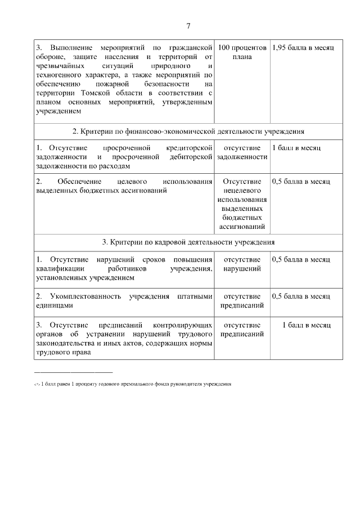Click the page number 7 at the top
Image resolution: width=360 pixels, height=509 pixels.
188,26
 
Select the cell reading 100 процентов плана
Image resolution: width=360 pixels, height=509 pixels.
242,51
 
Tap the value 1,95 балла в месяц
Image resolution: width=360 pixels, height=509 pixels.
303,46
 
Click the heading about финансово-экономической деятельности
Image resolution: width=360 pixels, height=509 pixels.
188,131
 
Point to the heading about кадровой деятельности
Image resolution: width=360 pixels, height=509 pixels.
188,242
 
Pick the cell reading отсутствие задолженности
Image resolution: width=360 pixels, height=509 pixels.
242,152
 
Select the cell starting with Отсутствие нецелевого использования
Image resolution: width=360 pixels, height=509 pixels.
242,204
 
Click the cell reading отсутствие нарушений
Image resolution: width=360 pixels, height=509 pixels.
242,264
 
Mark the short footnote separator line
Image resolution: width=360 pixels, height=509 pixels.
73,372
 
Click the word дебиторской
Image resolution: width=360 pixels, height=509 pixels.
191,157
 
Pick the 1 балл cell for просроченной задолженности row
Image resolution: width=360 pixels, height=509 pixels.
296,147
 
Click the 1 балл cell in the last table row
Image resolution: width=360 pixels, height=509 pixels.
306,325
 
